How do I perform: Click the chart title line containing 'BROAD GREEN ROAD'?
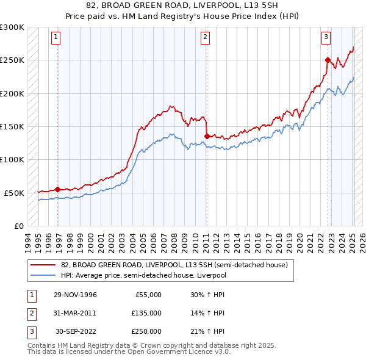(182, 5)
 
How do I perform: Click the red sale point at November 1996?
(58, 189)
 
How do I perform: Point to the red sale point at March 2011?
(207, 136)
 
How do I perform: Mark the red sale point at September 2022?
(328, 60)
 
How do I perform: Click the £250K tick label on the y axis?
(12, 60)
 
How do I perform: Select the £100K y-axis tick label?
(12, 159)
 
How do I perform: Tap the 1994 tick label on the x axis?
(28, 241)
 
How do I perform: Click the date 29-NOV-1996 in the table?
(75, 295)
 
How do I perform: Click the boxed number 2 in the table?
(30, 313)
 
